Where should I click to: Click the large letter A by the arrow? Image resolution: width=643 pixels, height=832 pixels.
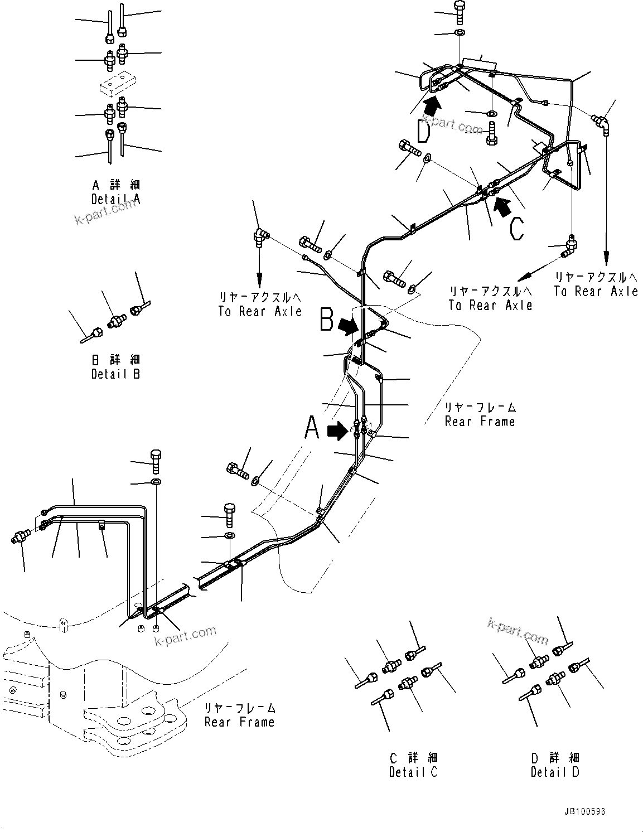coord(312,430)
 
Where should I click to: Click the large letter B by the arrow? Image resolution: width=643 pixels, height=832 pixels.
coord(327,322)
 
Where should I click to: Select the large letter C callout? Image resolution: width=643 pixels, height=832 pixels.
coord(517,228)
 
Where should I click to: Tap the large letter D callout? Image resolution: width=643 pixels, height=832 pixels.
coord(424,131)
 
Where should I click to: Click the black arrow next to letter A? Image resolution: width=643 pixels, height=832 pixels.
coord(337,430)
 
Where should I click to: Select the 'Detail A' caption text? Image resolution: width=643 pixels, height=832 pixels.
coord(116,199)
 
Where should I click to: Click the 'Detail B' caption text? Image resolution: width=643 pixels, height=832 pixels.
coord(116,374)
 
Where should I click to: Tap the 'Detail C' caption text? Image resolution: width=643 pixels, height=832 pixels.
coord(413,772)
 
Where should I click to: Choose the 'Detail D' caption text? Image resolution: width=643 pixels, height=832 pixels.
coord(555,772)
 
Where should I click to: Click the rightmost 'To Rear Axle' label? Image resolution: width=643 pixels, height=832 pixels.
coord(596,291)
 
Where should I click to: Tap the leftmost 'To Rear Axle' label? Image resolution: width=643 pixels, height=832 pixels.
coord(260,311)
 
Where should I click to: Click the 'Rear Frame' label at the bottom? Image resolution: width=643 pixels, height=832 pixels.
coord(239,722)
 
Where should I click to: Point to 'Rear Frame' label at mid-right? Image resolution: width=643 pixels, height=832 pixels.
coord(480,421)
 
